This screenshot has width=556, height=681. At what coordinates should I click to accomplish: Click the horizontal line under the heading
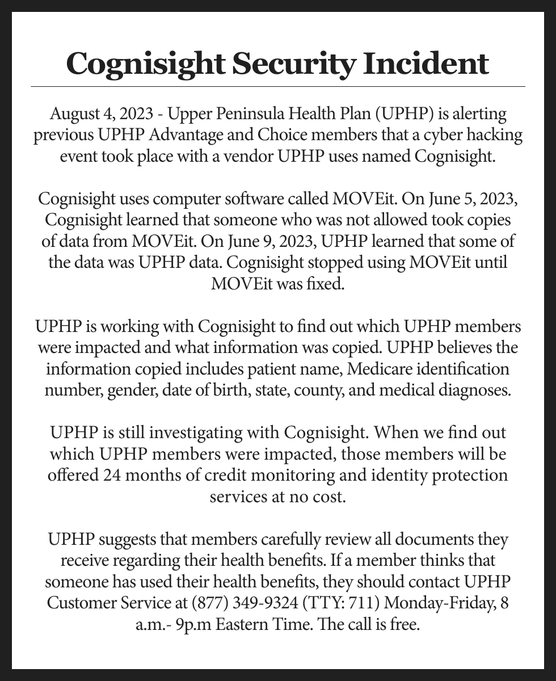[x=278, y=87]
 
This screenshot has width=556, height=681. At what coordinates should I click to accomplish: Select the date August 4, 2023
[x=100, y=114]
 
